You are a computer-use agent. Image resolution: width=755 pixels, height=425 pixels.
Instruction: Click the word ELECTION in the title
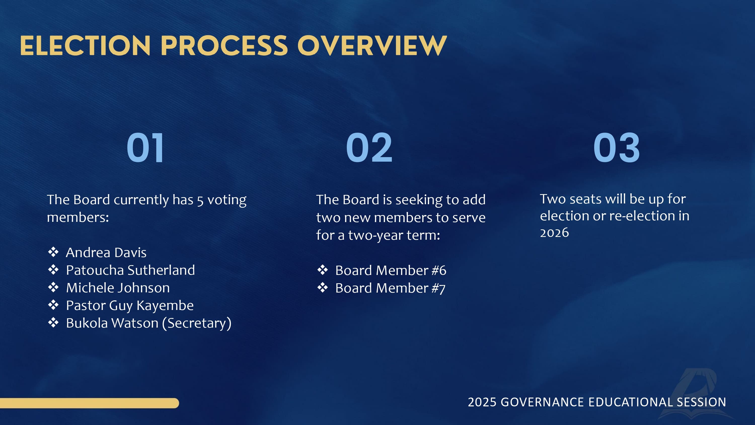pyautogui.click(x=85, y=46)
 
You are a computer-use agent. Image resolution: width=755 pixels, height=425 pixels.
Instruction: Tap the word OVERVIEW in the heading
pyautogui.click(x=372, y=46)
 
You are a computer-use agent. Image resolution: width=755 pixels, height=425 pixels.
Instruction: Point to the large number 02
pyautogui.click(x=369, y=147)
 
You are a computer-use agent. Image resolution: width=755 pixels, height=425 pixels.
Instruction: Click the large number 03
pyautogui.click(x=616, y=147)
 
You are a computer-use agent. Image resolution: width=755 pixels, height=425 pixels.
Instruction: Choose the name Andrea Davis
pyautogui.click(x=106, y=253)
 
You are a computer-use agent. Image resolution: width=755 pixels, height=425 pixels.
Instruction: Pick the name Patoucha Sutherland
pyautogui.click(x=130, y=270)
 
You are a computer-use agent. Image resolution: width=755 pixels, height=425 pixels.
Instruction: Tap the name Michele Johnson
pyautogui.click(x=118, y=288)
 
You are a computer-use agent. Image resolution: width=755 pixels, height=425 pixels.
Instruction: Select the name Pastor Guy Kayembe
pyautogui.click(x=130, y=306)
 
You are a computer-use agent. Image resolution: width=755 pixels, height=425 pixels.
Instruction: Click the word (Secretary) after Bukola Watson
pyautogui.click(x=197, y=323)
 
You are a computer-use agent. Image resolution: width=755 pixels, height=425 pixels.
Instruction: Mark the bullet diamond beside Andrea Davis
pyautogui.click(x=53, y=252)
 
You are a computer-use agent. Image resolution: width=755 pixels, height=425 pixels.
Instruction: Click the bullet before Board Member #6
pyautogui.click(x=322, y=270)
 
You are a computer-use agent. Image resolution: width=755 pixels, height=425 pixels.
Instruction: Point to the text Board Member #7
pyautogui.click(x=390, y=288)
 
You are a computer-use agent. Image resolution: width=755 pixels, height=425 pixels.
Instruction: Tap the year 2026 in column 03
pyautogui.click(x=554, y=233)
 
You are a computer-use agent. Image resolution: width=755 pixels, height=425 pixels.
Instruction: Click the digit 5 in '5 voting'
pyautogui.click(x=200, y=201)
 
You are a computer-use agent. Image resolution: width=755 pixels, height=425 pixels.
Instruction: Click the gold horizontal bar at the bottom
pyautogui.click(x=89, y=403)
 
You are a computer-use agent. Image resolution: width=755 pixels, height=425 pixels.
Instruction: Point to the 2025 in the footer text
pyautogui.click(x=482, y=402)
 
